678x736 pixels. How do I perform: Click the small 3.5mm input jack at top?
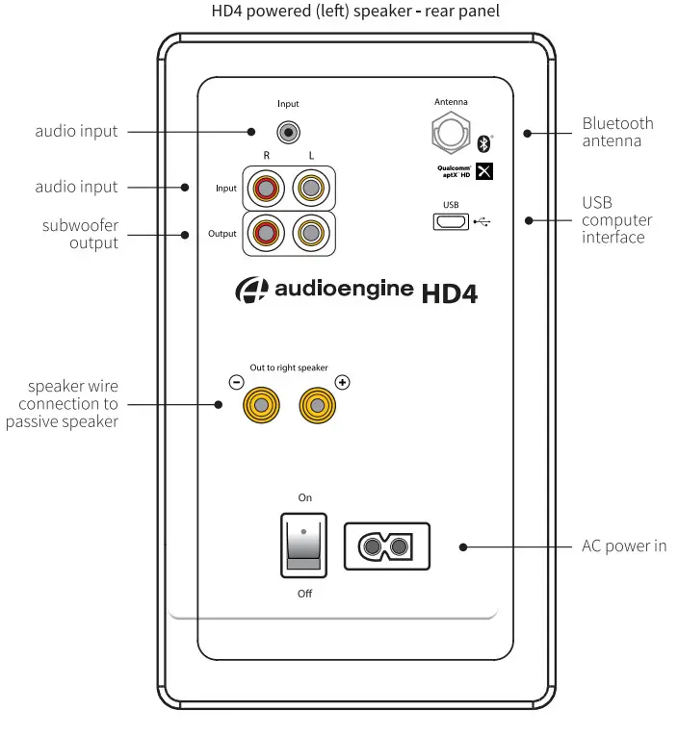[x=286, y=131]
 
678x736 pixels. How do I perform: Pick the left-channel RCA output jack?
[x=310, y=232]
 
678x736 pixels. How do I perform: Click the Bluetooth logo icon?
[x=484, y=144]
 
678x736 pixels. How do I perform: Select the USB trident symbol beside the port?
[x=482, y=222]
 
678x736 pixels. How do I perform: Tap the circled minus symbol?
[x=237, y=382]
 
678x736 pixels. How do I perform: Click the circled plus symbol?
[x=342, y=382]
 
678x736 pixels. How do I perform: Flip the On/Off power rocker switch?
[x=303, y=545]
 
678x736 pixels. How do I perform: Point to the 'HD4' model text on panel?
[x=449, y=292]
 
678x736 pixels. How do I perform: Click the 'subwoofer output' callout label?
[x=80, y=234]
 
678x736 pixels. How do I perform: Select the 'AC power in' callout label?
[x=624, y=546]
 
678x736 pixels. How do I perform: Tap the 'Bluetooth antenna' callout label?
[x=617, y=132]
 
